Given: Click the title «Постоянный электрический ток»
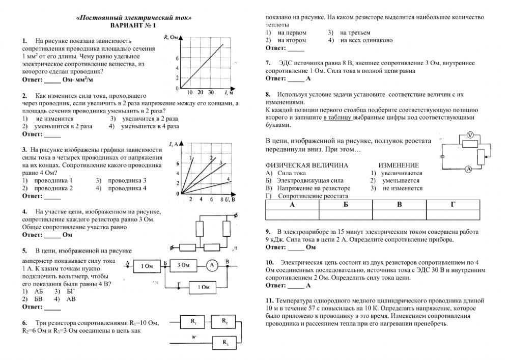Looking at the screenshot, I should (x=133, y=18).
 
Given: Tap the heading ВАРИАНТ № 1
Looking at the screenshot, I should (x=133, y=25).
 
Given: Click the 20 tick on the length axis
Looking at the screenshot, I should (x=199, y=93).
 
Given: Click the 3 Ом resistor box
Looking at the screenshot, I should (x=183, y=265).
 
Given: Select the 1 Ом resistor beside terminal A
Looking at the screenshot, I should (x=147, y=265).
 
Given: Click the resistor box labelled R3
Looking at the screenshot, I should (x=224, y=343).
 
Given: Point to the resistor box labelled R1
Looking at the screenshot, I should (x=194, y=322).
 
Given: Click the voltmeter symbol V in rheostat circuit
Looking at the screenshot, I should (x=471, y=134).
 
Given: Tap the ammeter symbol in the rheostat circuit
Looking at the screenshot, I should (x=471, y=168).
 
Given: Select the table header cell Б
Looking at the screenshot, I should (x=346, y=204).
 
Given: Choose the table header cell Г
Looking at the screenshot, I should (x=453, y=204).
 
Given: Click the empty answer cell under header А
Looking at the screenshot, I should (x=292, y=213).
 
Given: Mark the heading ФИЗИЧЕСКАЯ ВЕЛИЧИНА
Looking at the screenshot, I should (x=307, y=165).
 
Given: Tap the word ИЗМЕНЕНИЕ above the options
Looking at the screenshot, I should (x=399, y=165).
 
